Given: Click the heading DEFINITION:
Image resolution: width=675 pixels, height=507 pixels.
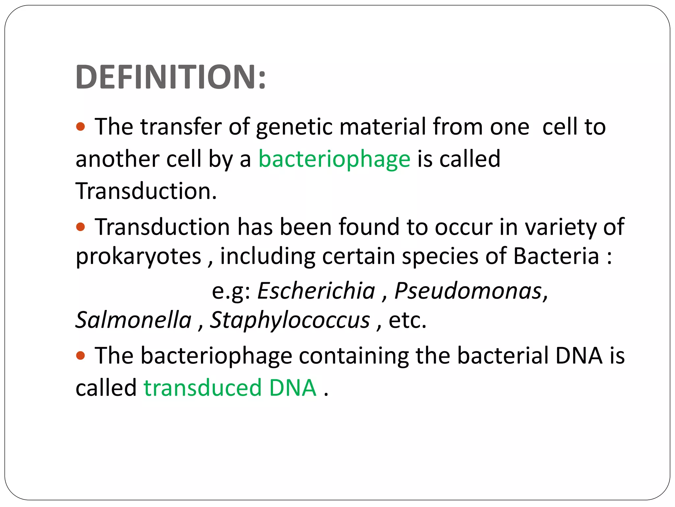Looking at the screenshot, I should click(170, 77).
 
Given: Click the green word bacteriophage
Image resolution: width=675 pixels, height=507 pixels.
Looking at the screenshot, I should click(334, 159).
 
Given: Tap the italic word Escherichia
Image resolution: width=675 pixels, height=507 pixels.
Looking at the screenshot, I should click(316, 291).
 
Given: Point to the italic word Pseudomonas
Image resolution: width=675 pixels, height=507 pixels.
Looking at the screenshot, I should click(468, 291).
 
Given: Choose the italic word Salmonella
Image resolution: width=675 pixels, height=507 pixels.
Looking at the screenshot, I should click(133, 320).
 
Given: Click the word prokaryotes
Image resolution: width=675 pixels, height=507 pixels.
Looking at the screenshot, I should click(138, 256).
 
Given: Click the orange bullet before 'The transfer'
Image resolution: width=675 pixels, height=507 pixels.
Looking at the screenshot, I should click(81, 126).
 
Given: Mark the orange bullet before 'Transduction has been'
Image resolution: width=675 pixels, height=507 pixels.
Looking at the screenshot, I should click(81, 227).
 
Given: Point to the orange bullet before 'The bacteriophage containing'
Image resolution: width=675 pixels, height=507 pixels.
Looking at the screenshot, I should click(81, 355).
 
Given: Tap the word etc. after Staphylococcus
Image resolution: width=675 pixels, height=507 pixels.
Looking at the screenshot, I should click(408, 320).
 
